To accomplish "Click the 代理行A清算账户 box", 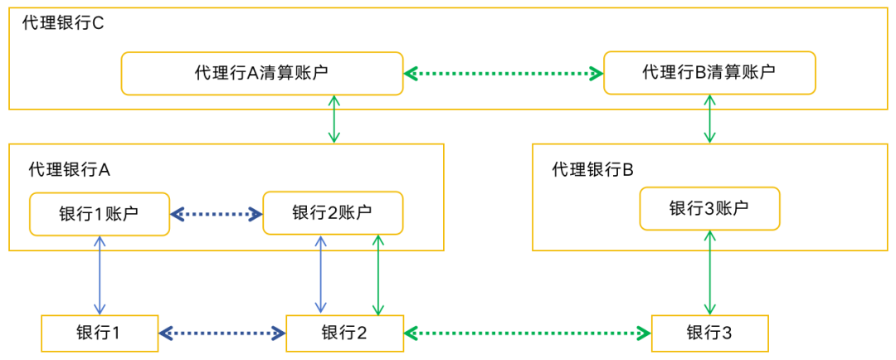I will [261, 73].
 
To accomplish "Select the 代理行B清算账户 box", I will [709, 72].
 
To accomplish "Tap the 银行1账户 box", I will [99, 213].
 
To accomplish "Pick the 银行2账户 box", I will [332, 213].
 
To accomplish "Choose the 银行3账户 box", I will [709, 208].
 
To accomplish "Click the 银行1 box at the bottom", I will [99, 333].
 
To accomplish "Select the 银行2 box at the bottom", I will [344, 333].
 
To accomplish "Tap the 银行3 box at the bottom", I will [709, 333].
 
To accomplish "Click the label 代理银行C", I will [63, 22].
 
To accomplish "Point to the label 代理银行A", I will [70, 169].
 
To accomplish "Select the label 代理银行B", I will [592, 169].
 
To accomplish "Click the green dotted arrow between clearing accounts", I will [504, 74].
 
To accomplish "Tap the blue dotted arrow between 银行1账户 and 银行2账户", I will [216, 214].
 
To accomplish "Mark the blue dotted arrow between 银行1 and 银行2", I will [222, 333].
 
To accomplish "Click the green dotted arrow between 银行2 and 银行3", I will [528, 333].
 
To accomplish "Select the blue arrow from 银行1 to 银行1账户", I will [100, 275].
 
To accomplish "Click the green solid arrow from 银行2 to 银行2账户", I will [378, 275].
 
